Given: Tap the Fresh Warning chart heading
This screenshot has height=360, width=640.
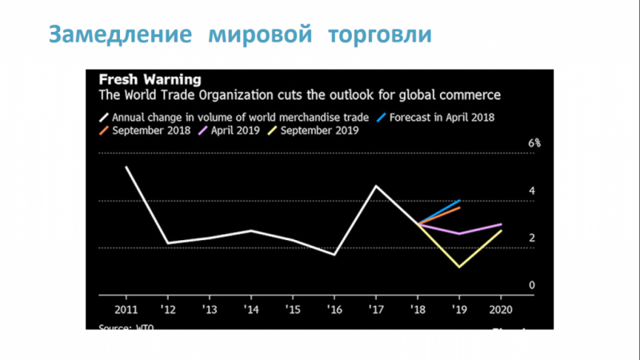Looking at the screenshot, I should (149, 80).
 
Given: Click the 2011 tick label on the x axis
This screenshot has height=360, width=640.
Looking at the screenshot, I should (126, 309).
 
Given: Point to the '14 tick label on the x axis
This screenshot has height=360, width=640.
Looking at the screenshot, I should (250, 309).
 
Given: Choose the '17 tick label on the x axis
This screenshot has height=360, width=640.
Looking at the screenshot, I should (375, 309).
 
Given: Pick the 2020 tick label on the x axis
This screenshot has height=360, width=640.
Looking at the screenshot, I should (500, 309).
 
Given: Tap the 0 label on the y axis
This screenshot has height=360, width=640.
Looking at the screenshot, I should (531, 286).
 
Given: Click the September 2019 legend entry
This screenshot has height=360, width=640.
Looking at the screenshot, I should (315, 130).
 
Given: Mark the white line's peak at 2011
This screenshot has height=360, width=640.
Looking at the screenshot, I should (126, 166).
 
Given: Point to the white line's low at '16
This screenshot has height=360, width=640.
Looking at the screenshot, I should (334, 254).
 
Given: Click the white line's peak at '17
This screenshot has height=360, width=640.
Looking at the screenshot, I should (376, 186).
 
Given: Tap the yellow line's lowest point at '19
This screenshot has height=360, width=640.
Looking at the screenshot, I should (459, 267).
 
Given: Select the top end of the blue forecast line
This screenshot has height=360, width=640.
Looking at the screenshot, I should (460, 200).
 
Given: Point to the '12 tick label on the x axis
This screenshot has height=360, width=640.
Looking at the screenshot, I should (167, 309).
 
